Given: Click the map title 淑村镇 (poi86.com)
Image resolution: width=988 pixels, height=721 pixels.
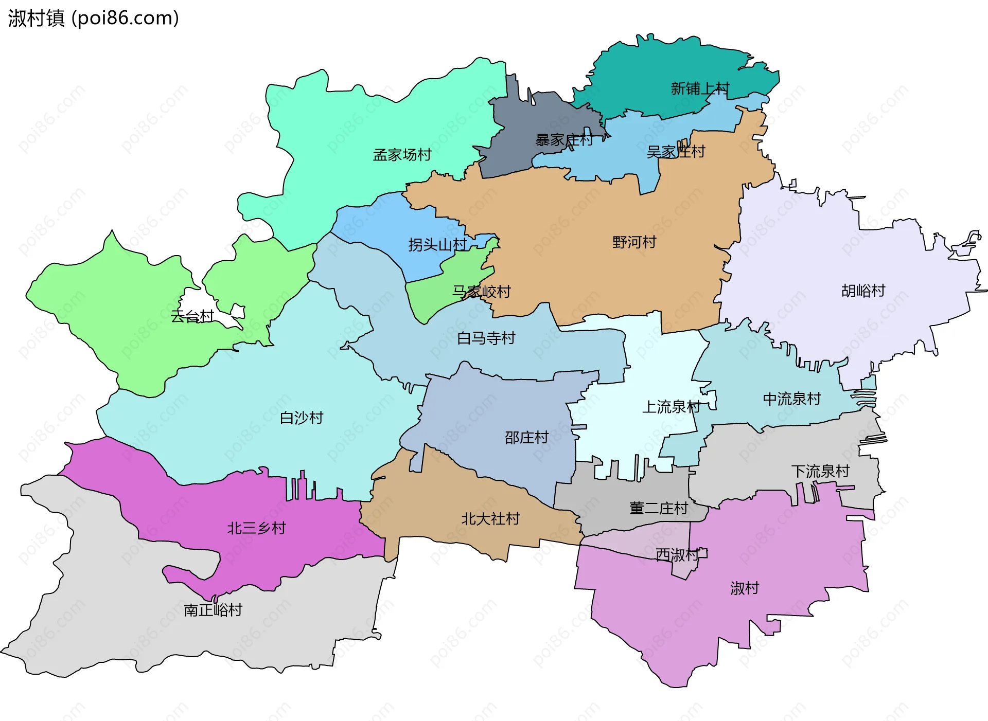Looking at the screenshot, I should (x=93, y=18).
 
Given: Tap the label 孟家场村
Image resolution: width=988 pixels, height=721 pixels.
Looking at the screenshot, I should (x=402, y=155).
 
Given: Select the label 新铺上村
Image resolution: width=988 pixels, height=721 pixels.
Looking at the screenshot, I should (x=700, y=88).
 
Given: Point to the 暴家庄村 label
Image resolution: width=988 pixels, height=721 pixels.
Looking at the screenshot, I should (x=564, y=140).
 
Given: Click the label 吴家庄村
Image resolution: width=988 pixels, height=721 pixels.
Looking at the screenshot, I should (x=676, y=152).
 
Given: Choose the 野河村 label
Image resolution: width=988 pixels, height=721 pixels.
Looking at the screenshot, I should (x=634, y=242).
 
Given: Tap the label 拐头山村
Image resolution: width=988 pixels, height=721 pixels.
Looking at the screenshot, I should (x=437, y=245).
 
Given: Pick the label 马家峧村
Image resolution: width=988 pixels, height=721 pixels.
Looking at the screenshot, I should (x=481, y=292).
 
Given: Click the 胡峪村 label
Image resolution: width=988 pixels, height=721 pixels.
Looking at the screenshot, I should (x=863, y=291).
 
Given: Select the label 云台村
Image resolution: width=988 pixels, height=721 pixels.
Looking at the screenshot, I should (x=192, y=316).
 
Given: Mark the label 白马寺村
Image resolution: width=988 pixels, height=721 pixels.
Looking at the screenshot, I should (x=486, y=338).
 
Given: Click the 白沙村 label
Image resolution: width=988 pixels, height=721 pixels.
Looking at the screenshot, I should (x=301, y=418).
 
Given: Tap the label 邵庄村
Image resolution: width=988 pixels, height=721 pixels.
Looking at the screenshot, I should (x=526, y=438).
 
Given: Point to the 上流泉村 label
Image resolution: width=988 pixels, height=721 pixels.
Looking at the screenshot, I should (x=671, y=407).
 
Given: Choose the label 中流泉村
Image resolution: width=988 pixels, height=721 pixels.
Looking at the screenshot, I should (x=791, y=399).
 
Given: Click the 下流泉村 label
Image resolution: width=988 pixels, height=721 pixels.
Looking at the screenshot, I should (x=820, y=471).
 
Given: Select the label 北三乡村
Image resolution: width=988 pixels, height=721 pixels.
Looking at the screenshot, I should (x=256, y=528).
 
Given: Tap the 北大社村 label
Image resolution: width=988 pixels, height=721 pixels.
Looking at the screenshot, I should (x=490, y=519).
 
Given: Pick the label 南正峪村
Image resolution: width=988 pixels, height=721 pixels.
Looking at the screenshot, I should (x=213, y=610).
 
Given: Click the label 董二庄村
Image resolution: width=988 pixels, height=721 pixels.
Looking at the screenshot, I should (x=658, y=509).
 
